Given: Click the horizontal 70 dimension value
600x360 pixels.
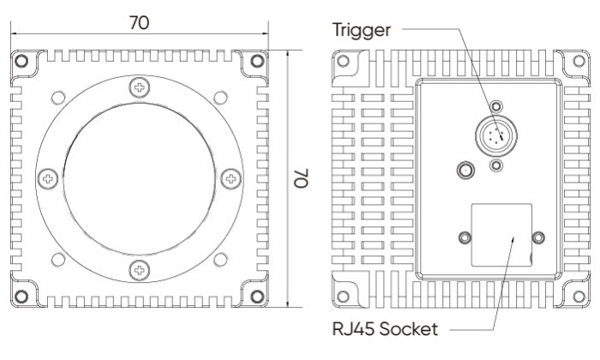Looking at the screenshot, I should (138, 23).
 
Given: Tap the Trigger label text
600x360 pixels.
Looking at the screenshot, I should (361, 30).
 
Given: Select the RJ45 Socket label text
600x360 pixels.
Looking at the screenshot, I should (385, 328).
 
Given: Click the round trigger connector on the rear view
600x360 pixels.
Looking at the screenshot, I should (494, 135).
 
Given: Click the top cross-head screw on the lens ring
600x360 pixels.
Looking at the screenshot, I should (140, 87).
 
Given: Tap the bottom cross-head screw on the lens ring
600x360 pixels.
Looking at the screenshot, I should (140, 271).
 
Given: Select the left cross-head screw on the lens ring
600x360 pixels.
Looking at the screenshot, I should (48, 179).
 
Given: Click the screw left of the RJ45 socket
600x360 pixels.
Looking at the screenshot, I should (465, 237).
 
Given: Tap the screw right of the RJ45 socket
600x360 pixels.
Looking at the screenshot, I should (538, 237).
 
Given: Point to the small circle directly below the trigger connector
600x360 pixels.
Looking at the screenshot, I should (496, 164).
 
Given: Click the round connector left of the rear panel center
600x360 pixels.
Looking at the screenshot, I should (465, 170).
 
